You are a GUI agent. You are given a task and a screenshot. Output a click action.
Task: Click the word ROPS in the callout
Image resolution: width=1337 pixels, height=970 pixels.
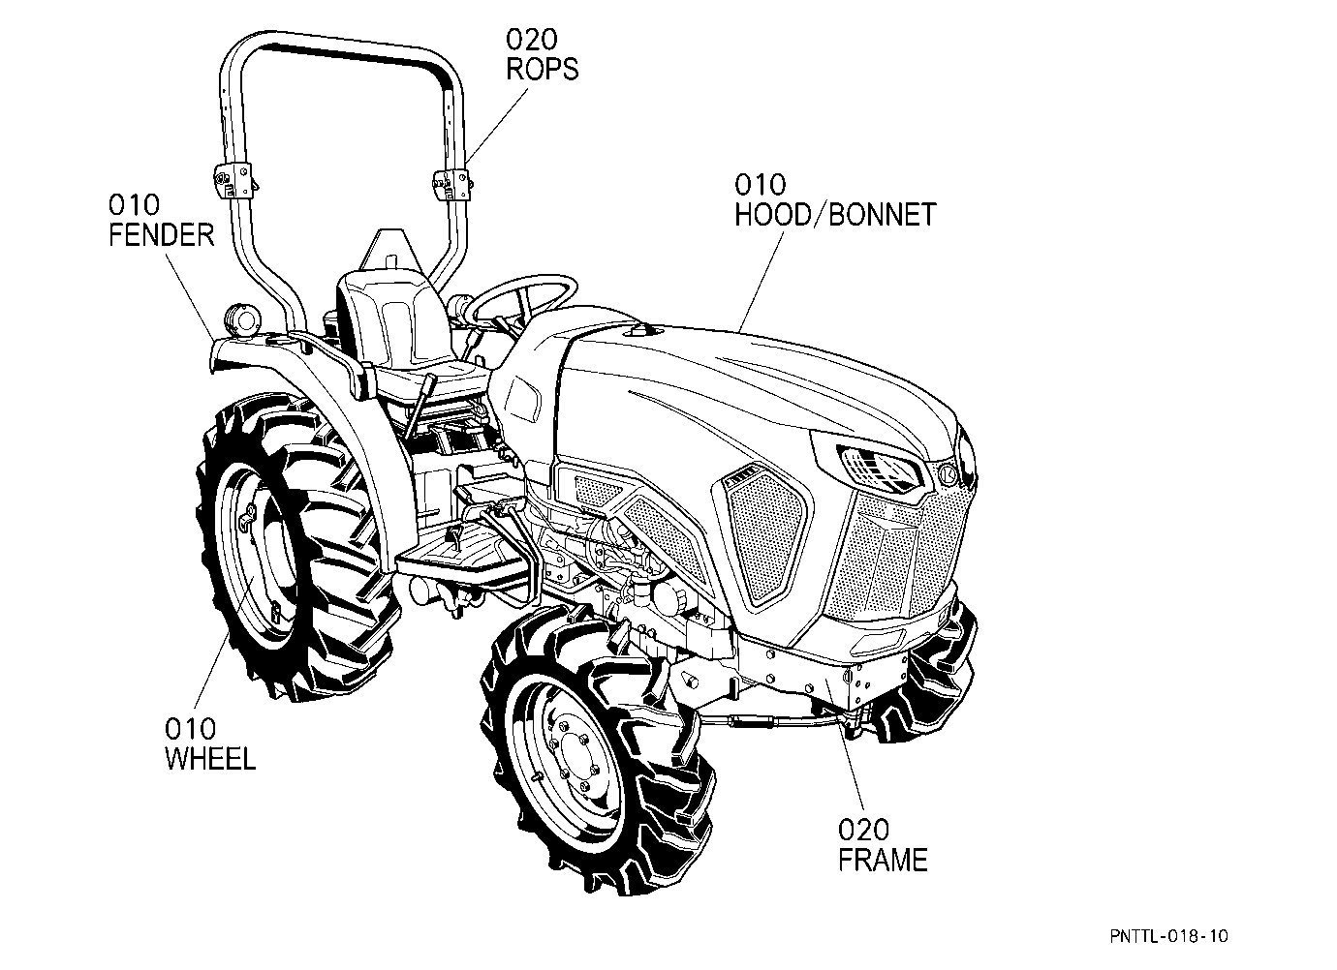(543, 69)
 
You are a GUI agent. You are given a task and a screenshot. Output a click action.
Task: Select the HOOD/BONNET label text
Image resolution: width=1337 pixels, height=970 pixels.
(835, 215)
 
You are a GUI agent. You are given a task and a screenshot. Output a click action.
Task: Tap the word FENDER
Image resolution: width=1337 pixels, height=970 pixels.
(161, 235)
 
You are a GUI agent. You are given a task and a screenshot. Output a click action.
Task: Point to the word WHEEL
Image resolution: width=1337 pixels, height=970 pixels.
(210, 759)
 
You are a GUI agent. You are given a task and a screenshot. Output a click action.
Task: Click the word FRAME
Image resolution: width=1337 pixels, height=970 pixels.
(883, 860)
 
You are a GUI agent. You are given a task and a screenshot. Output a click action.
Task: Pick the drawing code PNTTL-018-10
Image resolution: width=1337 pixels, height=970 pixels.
(1169, 936)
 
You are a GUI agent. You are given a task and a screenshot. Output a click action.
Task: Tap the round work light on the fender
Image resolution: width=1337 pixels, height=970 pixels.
(242, 320)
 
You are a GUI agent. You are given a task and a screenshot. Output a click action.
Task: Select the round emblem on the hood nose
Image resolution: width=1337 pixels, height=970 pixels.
(948, 475)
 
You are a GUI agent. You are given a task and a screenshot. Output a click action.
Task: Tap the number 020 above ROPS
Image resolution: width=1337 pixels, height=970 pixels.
(532, 40)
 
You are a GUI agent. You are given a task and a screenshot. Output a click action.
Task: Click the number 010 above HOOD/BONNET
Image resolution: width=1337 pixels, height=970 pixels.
(760, 185)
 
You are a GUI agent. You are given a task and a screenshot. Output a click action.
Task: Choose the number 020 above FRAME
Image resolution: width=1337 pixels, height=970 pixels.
(863, 830)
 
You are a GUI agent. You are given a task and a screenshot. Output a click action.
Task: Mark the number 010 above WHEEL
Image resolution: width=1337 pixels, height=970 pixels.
(191, 728)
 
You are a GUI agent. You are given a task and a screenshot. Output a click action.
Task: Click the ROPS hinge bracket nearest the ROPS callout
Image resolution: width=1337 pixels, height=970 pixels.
(451, 184)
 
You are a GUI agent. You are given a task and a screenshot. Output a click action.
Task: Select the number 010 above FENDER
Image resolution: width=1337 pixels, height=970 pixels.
(134, 204)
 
